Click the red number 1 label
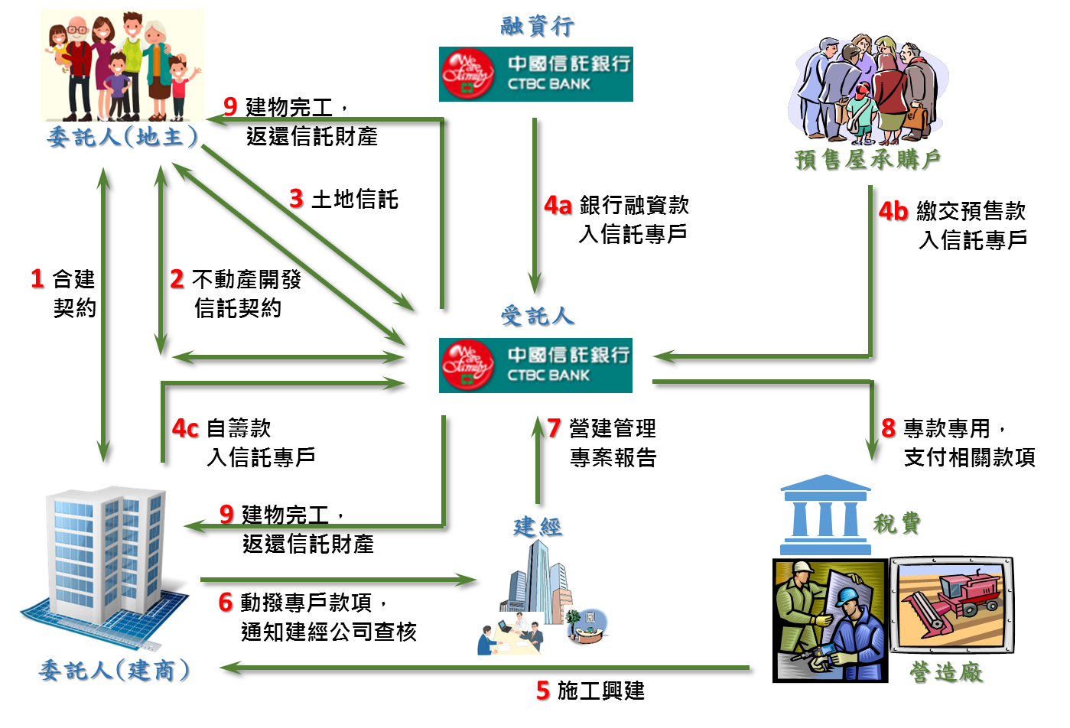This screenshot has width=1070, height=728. click(x=37, y=278)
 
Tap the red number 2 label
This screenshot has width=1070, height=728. click(x=177, y=278)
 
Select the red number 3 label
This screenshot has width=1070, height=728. click(x=296, y=198)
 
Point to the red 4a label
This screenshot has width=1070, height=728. click(x=558, y=205)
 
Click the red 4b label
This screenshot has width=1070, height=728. click(x=893, y=211)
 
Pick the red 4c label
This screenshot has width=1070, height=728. click(x=185, y=428)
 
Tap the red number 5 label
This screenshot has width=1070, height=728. click(x=542, y=691)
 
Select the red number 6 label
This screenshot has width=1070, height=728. click(x=225, y=602)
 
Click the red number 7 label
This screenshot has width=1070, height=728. click(x=554, y=428)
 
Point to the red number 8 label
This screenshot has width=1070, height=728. click(x=888, y=428)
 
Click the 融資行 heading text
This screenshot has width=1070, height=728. click(x=537, y=26)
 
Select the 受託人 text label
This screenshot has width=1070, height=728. click(x=537, y=315)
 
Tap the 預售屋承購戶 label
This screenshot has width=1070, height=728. click(x=867, y=159)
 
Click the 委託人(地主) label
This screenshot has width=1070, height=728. click(x=122, y=137)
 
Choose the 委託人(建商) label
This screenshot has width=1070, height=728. click(x=115, y=671)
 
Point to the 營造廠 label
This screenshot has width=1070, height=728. click(x=945, y=671)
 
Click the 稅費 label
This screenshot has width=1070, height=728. click(x=896, y=523)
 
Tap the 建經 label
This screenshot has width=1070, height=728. click(x=537, y=526)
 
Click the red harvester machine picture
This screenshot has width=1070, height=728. click(x=951, y=604)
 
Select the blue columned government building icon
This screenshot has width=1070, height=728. click(x=824, y=515)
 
